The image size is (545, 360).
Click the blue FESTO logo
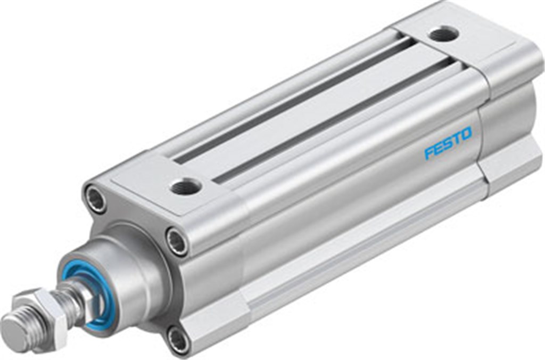coord(448,143)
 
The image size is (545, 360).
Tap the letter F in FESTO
coord(429,153)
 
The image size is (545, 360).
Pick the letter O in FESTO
coord(466,133)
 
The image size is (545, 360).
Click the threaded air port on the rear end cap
coord(444,35)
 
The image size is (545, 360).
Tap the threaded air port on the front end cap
coord(185,186)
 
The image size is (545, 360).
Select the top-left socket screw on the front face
coord(96,198)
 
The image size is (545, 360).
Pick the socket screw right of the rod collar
coord(177,241)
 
